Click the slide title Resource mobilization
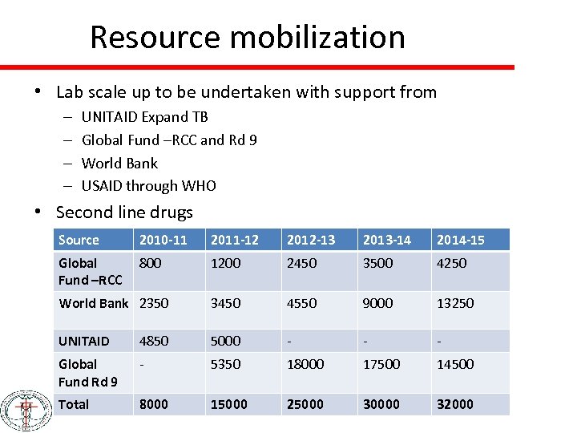point(247,37)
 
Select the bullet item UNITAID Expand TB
point(144,117)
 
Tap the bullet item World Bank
point(119,163)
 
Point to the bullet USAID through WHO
point(148,186)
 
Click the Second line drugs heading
point(124,212)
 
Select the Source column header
point(79,240)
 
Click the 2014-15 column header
point(460,240)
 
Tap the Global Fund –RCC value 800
point(150,263)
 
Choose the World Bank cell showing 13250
point(455,303)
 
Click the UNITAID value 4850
point(154,341)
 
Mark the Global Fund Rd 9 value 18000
point(305,364)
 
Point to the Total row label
point(74,404)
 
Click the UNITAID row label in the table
point(83,341)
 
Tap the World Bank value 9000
point(377,303)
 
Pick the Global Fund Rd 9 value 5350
point(225,364)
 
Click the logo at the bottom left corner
point(25,411)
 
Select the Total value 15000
point(229,404)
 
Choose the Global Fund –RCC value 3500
point(377,263)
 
